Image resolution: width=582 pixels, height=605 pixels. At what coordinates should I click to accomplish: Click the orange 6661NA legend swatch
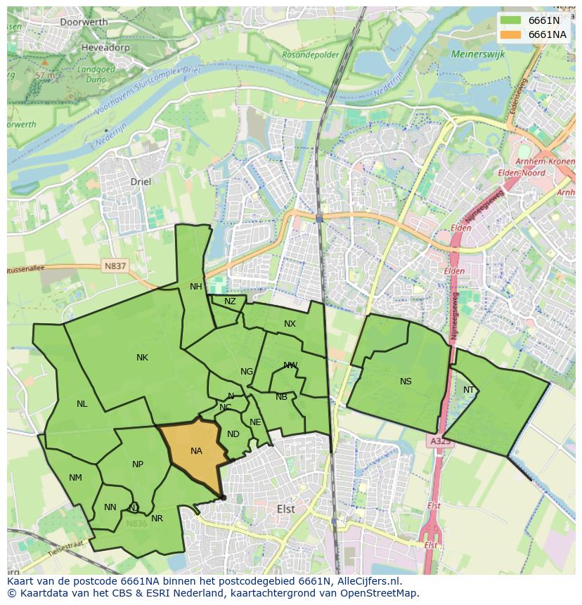511,34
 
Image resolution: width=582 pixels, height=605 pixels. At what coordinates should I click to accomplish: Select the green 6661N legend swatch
511,20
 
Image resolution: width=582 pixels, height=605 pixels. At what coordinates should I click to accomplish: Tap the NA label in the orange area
196,451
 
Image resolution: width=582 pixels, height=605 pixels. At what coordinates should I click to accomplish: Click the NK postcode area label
142,358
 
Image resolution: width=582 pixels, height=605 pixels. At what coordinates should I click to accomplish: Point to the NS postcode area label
406,382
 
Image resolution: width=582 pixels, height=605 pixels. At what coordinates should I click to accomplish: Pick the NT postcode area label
469,390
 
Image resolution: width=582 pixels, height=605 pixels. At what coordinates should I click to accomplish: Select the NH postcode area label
195,286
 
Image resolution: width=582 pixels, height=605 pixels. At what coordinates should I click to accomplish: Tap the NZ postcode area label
230,301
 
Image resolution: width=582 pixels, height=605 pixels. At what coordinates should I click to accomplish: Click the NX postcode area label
290,324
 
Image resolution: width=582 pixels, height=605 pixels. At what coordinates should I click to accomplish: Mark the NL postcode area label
82,404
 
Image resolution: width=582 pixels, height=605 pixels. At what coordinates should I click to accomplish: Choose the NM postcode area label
75,478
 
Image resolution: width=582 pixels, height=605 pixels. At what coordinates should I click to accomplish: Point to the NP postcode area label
138,464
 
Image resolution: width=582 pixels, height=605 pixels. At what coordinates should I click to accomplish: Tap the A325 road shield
440,441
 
